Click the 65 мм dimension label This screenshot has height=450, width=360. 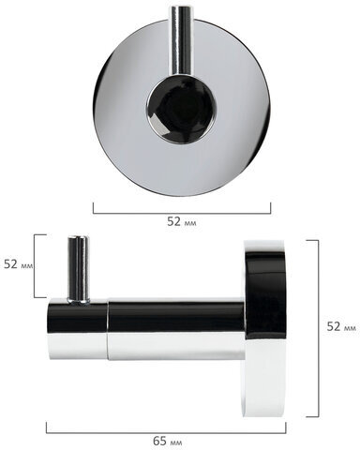tap(168, 442)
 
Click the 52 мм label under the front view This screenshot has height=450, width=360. tap(182, 221)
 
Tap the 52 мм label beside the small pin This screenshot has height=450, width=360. tap(18, 264)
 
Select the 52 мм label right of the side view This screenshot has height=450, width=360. tap(341, 326)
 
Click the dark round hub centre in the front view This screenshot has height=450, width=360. tap(181, 110)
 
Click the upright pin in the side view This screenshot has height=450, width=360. tap(78, 269)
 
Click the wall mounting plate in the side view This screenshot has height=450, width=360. tap(265, 328)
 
